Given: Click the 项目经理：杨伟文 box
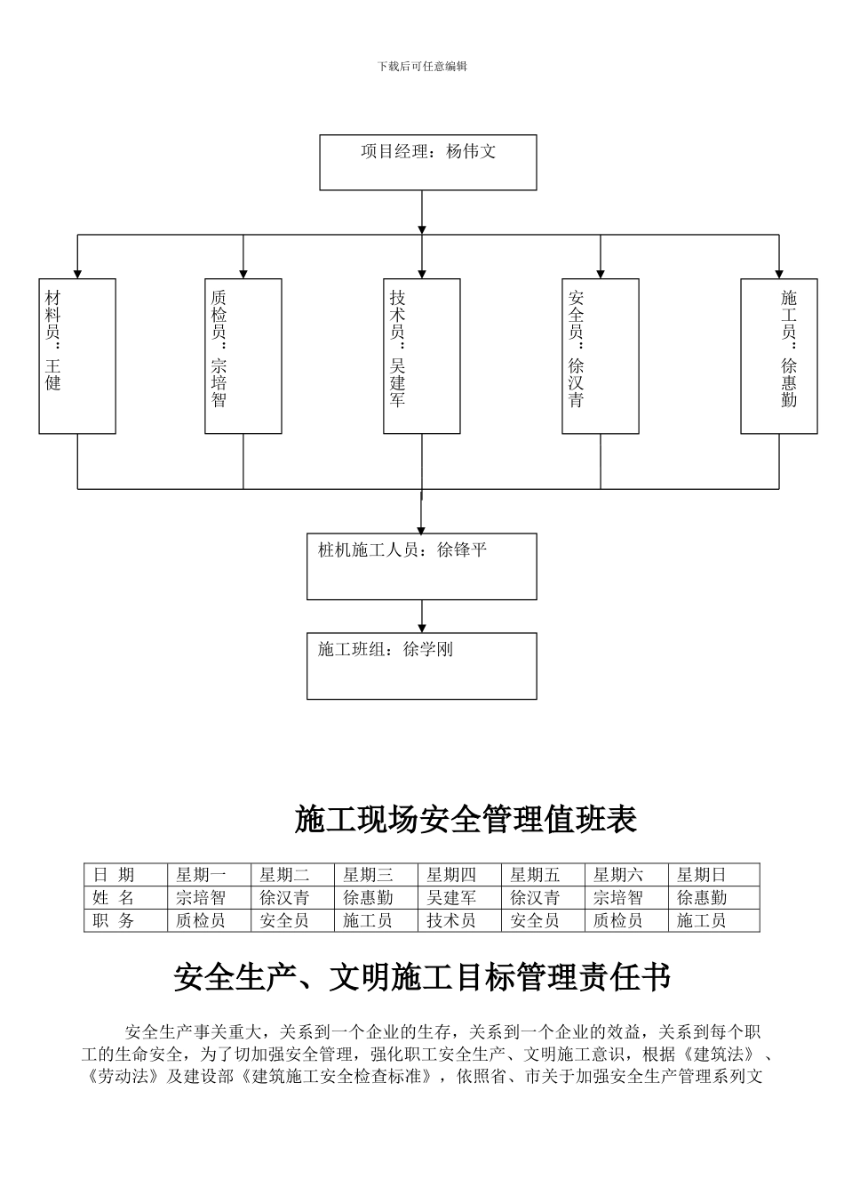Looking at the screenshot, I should [427, 162].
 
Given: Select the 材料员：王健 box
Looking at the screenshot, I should [77, 356].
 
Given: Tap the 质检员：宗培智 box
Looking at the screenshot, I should [243, 356].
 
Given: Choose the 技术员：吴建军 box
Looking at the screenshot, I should [422, 356].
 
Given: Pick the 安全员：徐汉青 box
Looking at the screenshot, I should [601, 356].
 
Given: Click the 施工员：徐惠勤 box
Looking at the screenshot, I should [779, 356].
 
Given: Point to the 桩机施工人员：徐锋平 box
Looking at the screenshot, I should [422, 566].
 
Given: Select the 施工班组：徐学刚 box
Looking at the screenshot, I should [422, 665].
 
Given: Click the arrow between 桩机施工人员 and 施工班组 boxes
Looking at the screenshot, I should [422, 616].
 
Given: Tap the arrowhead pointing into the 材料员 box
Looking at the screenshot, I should [77, 272].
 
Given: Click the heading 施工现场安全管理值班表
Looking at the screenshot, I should [466, 820].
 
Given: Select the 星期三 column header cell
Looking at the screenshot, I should [377, 875].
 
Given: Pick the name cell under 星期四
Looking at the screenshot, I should [459, 898].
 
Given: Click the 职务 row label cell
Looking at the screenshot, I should [125, 921].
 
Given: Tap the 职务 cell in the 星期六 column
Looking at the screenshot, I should [626, 921].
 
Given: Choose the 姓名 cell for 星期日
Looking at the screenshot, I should [713, 898].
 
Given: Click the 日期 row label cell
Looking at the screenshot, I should [125, 875].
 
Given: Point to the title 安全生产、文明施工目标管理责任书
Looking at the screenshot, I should [422, 978].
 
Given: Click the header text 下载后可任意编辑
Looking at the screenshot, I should [422, 67].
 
